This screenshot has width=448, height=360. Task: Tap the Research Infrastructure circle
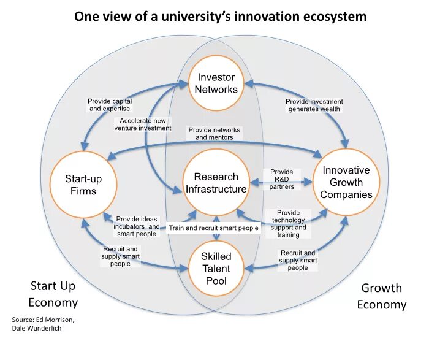coord(216,183)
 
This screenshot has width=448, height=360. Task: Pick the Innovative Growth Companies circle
coord(346,182)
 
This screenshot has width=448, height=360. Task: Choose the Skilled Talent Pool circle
coord(216,269)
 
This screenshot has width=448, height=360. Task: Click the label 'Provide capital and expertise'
coord(110,105)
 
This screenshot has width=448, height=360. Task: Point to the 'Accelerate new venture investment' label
coord(143,124)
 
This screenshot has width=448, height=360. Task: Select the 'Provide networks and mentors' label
coord(215,134)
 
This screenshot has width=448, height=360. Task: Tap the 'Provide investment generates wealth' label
coord(314,105)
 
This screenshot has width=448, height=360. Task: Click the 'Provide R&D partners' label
coord(281,179)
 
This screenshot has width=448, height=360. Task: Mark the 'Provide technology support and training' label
coord(288,223)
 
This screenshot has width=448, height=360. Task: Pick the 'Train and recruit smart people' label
coord(214,228)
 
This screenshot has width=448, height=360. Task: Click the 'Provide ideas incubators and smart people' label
coord(137,226)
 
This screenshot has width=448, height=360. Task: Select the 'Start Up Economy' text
coord(53,294)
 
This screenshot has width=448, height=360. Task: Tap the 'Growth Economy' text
coord(381,296)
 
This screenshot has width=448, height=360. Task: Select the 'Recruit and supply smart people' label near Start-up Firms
coord(121,256)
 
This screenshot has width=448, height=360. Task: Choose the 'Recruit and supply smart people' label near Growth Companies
coord(298,260)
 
